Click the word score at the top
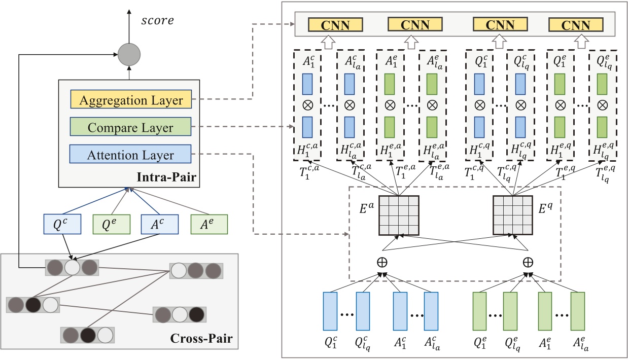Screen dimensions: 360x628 (x=157, y=21)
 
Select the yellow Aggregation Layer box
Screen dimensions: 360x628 (x=131, y=100)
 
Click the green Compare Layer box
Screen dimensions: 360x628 (x=131, y=128)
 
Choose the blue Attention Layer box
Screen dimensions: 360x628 (x=131, y=155)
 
